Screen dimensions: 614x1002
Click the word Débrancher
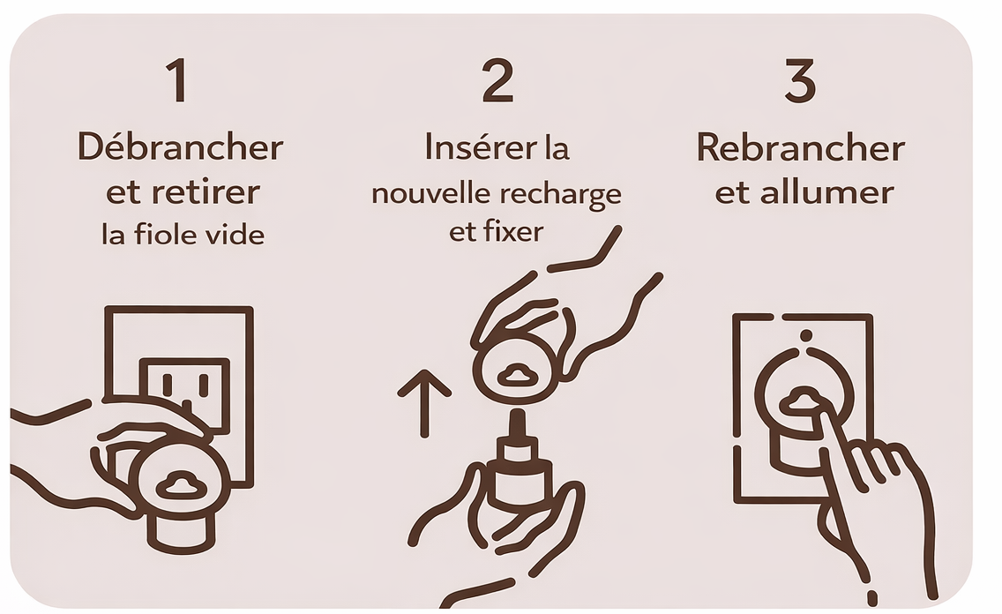pyautogui.click(x=181, y=148)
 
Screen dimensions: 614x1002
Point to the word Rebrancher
pyautogui.click(x=801, y=148)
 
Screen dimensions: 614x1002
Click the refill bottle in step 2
pyautogui.click(x=516, y=472)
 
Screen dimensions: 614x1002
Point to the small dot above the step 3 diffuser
pyautogui.click(x=804, y=335)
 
